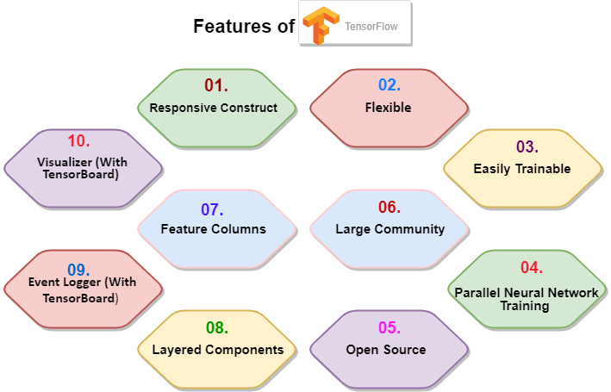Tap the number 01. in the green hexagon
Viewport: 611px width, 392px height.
pos(215,85)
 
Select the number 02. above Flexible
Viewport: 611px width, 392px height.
pos(390,85)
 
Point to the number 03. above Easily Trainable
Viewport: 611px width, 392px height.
pos(526,146)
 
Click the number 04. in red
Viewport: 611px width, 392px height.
pos(531,268)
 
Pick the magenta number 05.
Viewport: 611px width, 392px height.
pos(389,327)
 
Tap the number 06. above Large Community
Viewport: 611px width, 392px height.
pos(389,207)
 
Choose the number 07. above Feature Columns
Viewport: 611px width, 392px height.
pos(212,209)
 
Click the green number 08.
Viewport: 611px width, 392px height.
pos(218,327)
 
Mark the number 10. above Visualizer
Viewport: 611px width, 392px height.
pos(78,140)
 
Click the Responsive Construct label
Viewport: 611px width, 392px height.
pos(214,108)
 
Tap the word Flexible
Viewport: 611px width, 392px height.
pos(388,108)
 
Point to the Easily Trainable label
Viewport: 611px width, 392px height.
pos(522,169)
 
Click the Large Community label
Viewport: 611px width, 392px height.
pos(390,229)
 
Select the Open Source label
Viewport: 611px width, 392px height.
pos(386,350)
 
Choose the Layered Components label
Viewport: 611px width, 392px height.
pos(218,350)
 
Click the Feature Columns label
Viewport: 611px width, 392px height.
pos(214,229)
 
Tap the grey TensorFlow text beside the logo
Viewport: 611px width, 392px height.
pos(371,27)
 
